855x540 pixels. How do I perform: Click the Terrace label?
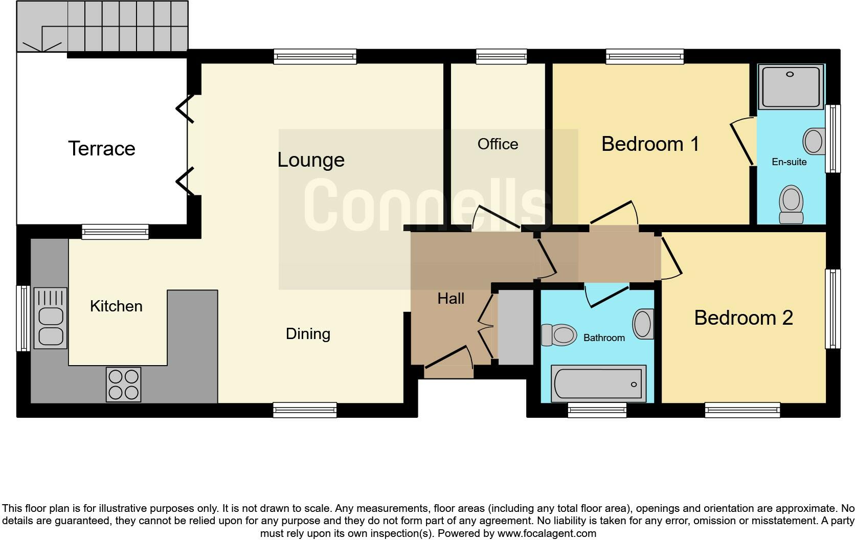[x=101, y=149]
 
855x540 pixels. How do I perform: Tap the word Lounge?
[x=311, y=160]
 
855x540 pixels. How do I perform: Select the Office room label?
[x=498, y=144]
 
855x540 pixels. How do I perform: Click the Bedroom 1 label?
[x=650, y=144]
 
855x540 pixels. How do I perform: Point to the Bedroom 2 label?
[x=743, y=318]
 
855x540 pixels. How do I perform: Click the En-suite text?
[x=789, y=162]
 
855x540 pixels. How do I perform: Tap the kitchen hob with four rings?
[x=123, y=385]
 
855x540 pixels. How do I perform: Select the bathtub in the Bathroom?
[x=598, y=384]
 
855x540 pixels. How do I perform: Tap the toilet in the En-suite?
[x=791, y=204]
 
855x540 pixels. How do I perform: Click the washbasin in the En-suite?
[x=814, y=141]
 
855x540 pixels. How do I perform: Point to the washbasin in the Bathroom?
[x=643, y=324]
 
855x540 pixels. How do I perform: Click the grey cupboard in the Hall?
[x=515, y=327]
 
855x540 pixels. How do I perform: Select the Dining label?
[x=308, y=334]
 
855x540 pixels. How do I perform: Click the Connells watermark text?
[x=427, y=205]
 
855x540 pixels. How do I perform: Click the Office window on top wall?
[x=501, y=56]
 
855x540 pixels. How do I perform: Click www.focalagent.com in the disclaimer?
[x=546, y=533]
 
